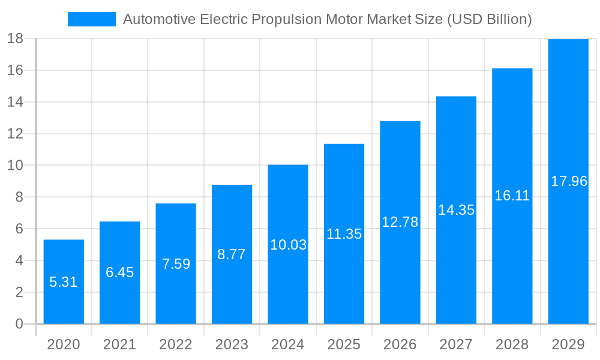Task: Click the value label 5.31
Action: (x=64, y=282)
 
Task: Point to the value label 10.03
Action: (x=288, y=245)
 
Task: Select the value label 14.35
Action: (x=456, y=210)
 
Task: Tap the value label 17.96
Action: (x=569, y=181)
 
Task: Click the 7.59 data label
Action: (x=176, y=264)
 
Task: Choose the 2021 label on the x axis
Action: (x=119, y=344)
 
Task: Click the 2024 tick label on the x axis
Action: (x=288, y=344)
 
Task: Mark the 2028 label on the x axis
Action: (x=512, y=344)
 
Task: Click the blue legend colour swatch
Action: (x=91, y=19)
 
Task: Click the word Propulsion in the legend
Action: (x=287, y=20)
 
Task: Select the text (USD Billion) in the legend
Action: (x=490, y=20)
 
